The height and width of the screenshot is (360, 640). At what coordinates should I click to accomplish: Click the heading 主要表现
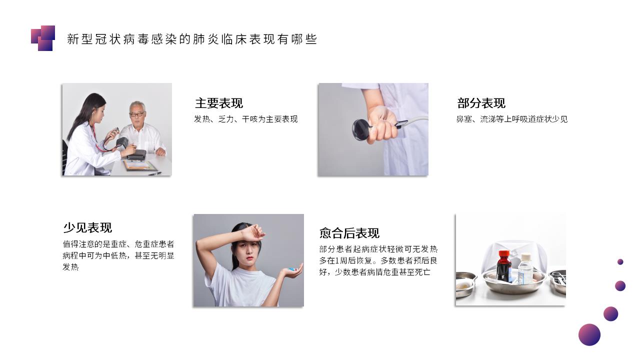219,103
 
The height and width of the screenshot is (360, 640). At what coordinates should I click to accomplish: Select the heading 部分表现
481,103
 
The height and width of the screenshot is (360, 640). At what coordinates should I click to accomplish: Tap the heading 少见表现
87,227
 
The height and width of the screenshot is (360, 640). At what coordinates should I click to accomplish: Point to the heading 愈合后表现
349,233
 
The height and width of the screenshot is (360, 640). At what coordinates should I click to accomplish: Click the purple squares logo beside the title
43,38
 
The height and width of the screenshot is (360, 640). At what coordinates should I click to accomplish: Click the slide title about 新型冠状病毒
192,39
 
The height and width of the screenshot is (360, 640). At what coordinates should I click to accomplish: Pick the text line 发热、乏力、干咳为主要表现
245,119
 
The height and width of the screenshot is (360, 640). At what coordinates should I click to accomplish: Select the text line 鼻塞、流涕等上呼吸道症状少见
511,119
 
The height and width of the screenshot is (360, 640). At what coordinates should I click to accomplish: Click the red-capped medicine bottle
504,266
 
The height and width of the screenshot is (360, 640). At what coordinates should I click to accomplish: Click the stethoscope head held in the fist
361,130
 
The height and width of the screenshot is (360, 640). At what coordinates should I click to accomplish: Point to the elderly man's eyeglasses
137,114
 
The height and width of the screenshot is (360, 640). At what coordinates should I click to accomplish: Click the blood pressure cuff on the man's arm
122,142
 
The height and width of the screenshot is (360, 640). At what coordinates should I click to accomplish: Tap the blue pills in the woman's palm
291,269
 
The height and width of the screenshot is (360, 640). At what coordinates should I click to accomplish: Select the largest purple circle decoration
589,334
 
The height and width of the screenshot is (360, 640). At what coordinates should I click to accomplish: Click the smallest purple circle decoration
620,261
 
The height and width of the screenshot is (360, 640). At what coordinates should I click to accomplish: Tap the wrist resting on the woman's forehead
246,233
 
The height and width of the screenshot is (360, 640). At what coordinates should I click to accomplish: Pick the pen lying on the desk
155,173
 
